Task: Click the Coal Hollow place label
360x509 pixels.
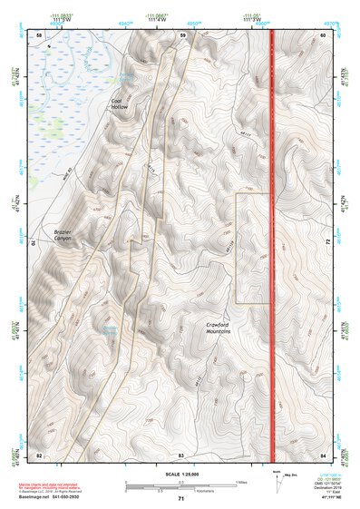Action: tap(121, 104)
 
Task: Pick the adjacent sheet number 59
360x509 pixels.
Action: tap(182, 35)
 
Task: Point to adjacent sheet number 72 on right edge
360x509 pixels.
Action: tap(327, 243)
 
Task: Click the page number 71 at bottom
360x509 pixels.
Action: tap(180, 499)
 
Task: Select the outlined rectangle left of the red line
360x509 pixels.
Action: tap(253, 248)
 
